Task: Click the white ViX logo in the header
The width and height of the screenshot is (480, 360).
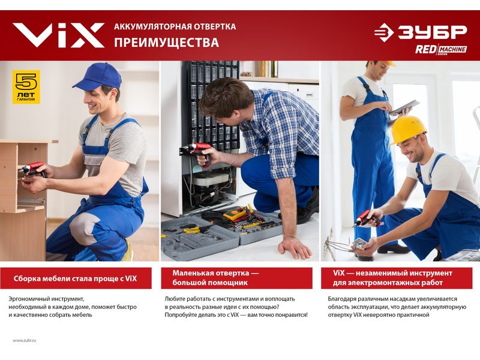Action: pos(58,35)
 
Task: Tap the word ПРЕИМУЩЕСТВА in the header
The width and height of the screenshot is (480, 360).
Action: pos(167,43)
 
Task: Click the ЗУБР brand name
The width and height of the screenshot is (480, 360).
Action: pos(432,32)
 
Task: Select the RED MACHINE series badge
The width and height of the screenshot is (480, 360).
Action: pos(441,50)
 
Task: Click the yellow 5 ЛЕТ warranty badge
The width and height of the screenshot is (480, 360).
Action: pos(26,87)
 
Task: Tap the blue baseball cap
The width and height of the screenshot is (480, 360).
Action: pos(98,77)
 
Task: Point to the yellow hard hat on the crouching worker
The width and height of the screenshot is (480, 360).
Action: pos(409,129)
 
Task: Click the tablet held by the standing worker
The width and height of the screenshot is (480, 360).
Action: pos(404,108)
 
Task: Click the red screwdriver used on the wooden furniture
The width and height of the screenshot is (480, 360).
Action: pos(33,170)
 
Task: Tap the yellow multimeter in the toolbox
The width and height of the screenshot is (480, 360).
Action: pos(235,214)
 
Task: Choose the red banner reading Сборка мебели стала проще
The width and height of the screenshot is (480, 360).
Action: pos(76,278)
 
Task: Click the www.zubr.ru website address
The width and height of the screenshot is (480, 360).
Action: pos(25,340)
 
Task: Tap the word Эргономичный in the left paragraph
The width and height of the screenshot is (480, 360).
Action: pos(28,299)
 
